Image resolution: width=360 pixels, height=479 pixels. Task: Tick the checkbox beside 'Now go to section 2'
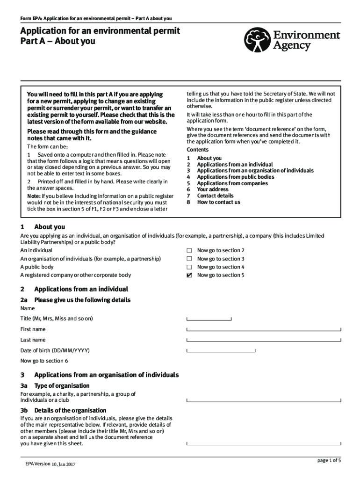click(189, 251)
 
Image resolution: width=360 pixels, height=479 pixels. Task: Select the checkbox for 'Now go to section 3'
click(189, 259)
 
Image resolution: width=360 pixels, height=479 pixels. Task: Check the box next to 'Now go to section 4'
click(189, 267)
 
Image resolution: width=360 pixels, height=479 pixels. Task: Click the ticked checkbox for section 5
click(189, 276)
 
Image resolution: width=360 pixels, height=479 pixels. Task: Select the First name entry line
click(264, 329)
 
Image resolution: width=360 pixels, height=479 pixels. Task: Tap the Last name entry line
click(264, 340)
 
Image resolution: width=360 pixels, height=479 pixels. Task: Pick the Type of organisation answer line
click(264, 400)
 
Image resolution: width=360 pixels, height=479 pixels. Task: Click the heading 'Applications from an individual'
click(81, 289)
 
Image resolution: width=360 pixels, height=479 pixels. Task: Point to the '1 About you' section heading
click(43, 227)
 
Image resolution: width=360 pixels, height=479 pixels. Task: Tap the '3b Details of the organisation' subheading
click(64, 410)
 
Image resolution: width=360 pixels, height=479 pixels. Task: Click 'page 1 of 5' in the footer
click(329, 461)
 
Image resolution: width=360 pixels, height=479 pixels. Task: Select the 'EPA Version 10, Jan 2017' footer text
click(50, 464)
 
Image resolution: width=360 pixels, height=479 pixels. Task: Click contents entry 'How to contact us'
click(218, 202)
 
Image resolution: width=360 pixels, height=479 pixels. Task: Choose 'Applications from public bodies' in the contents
click(236, 177)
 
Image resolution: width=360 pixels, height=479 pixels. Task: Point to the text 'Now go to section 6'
click(44, 361)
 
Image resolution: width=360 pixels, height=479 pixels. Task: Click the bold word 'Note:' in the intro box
click(34, 196)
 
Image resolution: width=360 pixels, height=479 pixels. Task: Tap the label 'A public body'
click(37, 267)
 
